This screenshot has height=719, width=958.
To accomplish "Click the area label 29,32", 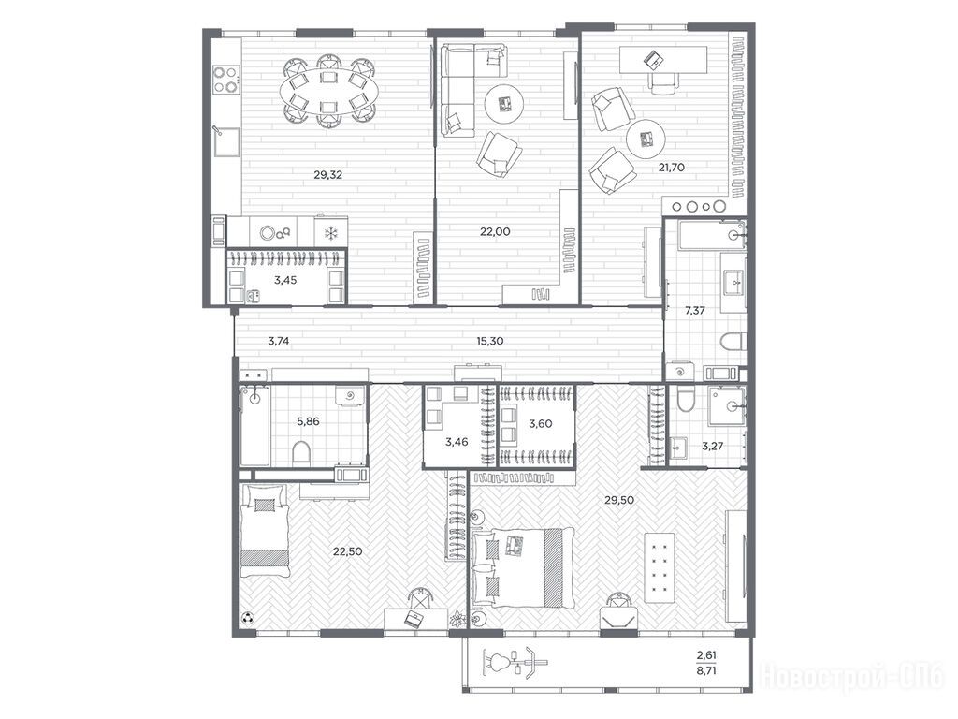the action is (x=328, y=175).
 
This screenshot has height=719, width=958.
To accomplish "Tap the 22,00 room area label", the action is (x=495, y=232).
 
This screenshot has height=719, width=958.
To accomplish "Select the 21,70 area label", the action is (x=672, y=167).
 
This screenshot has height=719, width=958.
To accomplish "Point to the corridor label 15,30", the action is (x=490, y=341).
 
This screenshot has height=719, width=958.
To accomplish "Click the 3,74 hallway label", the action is (x=279, y=341).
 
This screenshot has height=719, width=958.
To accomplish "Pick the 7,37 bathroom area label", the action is (x=695, y=310).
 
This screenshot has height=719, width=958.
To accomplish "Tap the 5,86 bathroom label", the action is (x=308, y=421).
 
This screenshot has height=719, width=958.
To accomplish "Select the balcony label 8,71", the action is (x=707, y=670).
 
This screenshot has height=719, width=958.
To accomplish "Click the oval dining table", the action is (x=329, y=92).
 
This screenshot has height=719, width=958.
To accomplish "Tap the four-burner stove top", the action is (x=225, y=79).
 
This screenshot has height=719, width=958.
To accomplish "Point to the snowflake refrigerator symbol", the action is (x=330, y=232).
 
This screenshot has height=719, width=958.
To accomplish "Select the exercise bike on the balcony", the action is (x=515, y=662).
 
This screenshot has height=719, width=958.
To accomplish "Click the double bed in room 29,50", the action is (x=523, y=568).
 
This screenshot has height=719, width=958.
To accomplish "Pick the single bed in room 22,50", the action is (x=264, y=531).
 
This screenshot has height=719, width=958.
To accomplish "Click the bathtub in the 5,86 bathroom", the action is (x=254, y=426).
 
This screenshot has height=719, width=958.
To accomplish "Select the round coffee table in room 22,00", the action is (x=504, y=104).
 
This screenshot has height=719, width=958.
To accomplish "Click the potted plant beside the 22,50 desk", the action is (x=457, y=619).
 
